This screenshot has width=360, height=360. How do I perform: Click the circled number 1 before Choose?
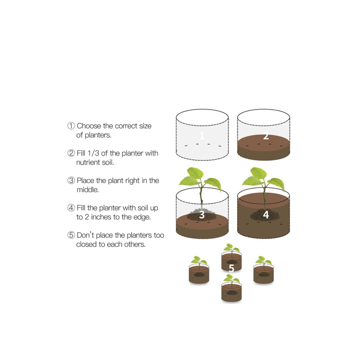tap(71, 126)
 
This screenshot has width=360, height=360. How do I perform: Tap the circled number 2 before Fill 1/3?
tap(71, 153)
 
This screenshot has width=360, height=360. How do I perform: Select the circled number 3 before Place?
tap(71, 180)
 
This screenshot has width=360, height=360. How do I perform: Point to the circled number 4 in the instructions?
tap(71, 208)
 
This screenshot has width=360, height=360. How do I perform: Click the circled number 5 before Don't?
tap(71, 235)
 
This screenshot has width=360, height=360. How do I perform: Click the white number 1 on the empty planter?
tap(202, 136)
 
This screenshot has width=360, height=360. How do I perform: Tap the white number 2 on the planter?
tap(266, 136)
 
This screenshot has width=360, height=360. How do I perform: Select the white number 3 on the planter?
tap(202, 215)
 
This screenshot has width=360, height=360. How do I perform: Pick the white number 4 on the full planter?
tap(266, 215)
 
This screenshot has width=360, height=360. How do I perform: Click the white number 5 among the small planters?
tap(231, 268)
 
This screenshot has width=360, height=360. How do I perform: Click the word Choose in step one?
tap(89, 126)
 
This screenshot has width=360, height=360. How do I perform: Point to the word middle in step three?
tap(88, 190)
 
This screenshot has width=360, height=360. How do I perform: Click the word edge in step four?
tap(142, 217)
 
